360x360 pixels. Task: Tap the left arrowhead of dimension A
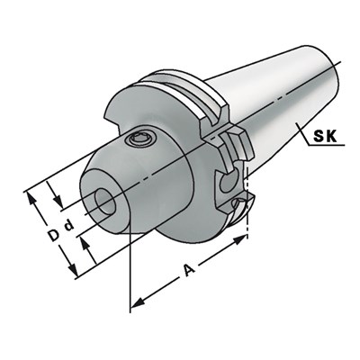(135, 301)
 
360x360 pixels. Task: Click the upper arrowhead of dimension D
(32, 191)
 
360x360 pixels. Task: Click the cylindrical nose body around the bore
(135, 175)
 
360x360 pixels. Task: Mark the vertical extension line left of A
(131, 270)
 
